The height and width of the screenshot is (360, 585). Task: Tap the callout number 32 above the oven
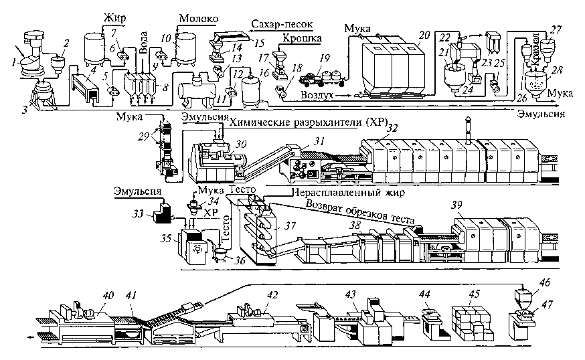(x=392, y=127)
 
